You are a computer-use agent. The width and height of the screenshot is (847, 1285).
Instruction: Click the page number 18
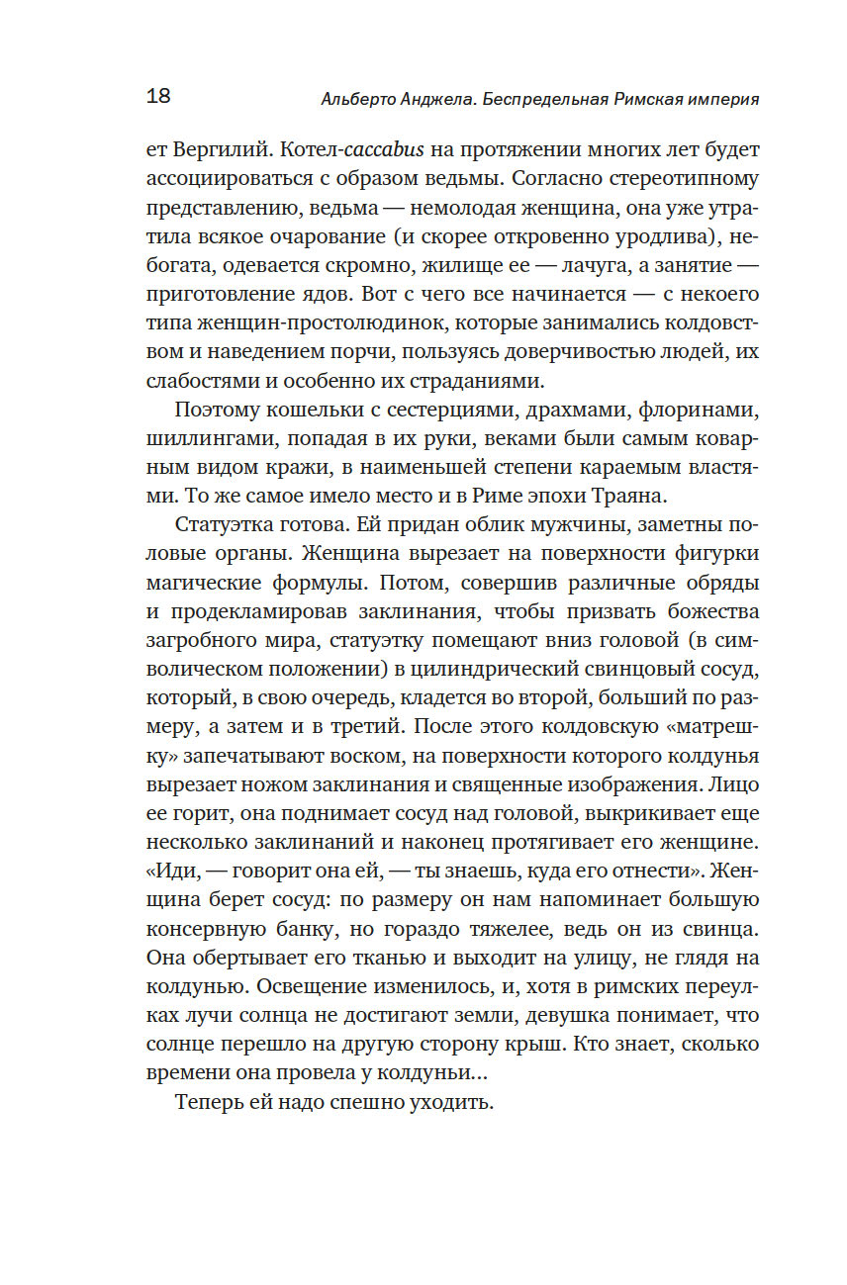coord(158,96)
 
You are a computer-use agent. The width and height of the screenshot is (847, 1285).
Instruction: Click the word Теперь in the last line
coord(209,1102)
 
